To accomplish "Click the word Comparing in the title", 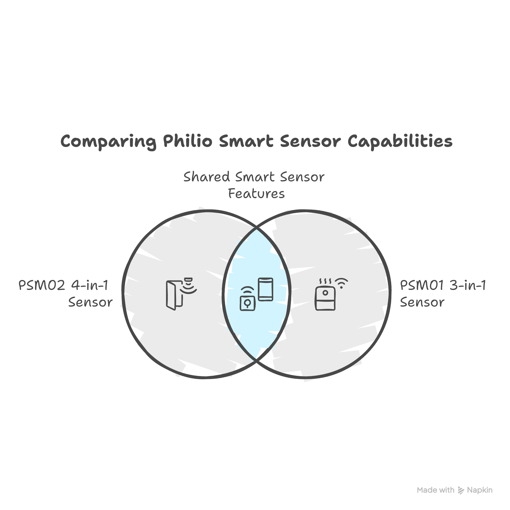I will (108, 141).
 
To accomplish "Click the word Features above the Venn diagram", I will (256, 194).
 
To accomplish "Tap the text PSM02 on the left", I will (42, 286).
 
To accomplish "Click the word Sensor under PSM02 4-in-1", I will (91, 303).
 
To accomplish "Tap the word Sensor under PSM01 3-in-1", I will (422, 303).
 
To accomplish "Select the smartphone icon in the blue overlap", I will (265, 289).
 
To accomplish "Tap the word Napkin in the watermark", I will (480, 490).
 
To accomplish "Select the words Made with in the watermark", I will (436, 490).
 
